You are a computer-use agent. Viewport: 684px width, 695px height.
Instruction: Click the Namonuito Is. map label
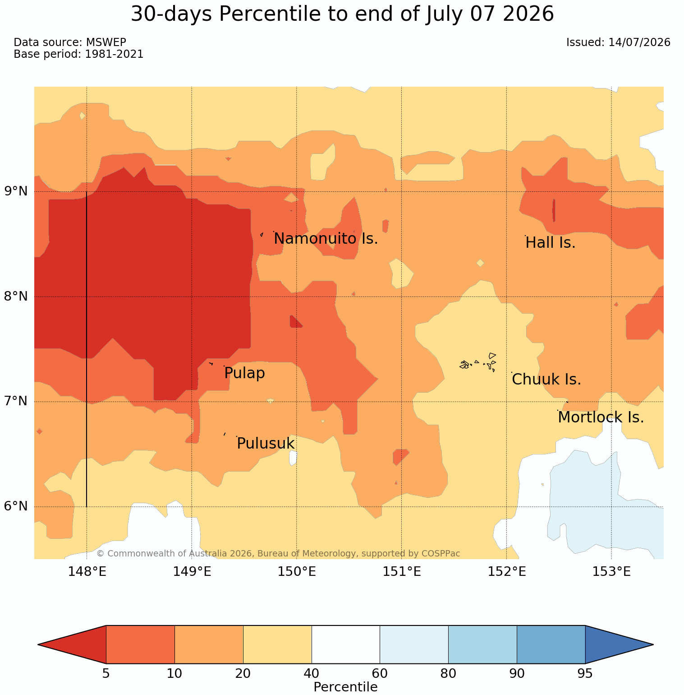click(x=326, y=238)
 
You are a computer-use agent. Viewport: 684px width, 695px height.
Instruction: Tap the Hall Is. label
click(x=551, y=243)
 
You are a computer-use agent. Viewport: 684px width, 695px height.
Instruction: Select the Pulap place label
click(x=244, y=373)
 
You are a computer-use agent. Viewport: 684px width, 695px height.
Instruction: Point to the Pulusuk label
click(x=266, y=444)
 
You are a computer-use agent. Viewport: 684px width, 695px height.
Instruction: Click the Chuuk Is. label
click(x=546, y=380)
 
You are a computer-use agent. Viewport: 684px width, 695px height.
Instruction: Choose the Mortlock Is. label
click(x=601, y=417)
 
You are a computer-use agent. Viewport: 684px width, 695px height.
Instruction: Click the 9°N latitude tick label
click(x=16, y=191)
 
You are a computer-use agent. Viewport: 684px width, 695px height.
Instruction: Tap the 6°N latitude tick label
click(x=16, y=506)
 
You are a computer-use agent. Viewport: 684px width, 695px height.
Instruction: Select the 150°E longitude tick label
click(x=297, y=572)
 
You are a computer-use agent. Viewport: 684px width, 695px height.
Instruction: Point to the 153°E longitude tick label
click(x=611, y=572)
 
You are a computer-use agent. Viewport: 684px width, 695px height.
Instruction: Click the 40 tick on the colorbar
click(x=312, y=674)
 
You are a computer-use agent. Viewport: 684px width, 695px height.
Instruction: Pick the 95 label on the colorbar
click(x=585, y=674)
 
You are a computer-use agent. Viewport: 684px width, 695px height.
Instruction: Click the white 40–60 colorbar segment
click(x=346, y=644)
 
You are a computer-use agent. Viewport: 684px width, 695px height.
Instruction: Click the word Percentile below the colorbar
click(x=345, y=687)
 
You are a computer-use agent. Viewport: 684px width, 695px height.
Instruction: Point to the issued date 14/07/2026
click(x=639, y=42)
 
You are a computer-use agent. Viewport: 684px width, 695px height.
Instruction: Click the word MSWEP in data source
click(x=106, y=42)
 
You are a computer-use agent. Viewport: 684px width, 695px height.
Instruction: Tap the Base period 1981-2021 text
click(x=78, y=54)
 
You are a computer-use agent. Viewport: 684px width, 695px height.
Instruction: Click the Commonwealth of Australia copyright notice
click(x=278, y=553)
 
